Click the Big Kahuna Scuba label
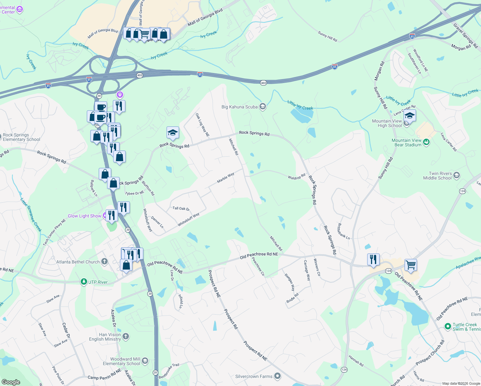pos(240,107)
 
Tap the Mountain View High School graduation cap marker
pos(410,115)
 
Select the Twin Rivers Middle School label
pos(437,176)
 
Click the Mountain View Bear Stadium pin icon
pos(426,142)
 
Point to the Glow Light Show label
pos(84,216)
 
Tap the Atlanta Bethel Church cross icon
pos(104,262)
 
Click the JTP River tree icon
pos(84,282)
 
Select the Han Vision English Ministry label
pos(105,337)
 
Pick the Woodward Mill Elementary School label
pos(122,361)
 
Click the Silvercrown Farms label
pos(254,376)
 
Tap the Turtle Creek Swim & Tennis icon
pos(448,326)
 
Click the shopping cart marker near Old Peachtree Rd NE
pos(411,265)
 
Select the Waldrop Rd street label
pos(296,177)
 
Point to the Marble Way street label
pos(226,178)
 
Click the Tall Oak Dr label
pos(181,208)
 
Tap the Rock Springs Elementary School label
pos(22,137)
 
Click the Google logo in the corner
pos(11,382)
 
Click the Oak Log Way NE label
pos(203,125)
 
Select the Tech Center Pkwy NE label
pos(54,232)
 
